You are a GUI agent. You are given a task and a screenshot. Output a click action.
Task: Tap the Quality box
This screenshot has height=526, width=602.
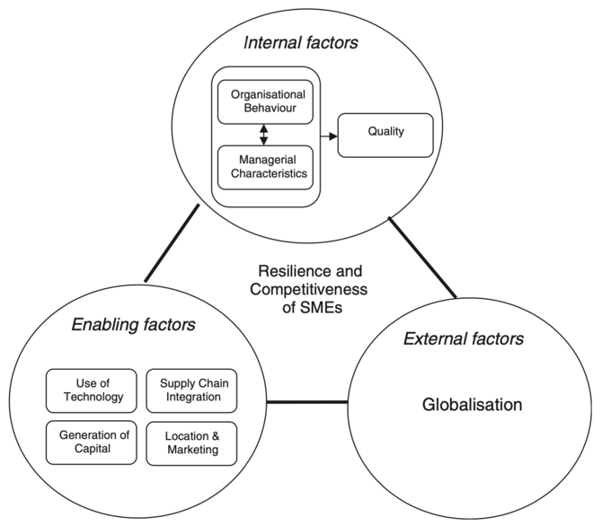pos(385,133)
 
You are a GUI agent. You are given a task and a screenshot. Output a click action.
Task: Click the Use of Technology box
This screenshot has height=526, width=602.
pos(92,390)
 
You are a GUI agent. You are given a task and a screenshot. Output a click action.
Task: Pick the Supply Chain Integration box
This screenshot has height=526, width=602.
pos(190,390)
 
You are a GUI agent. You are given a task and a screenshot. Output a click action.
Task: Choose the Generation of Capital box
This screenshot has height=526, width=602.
pos(92,442)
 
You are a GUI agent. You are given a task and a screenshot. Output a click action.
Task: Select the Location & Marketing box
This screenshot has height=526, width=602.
pos(190,442)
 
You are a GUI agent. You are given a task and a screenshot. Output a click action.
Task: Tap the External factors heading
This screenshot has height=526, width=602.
pos(465,338)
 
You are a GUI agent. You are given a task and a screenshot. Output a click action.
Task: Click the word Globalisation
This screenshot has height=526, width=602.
pos(472,405)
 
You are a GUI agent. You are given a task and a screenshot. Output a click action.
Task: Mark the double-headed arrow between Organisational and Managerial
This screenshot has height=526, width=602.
pos(263,134)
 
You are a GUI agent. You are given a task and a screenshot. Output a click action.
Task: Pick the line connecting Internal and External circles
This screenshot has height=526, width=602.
pos(422,257)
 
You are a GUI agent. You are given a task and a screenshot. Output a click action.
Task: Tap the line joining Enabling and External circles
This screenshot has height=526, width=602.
pos(306,401)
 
